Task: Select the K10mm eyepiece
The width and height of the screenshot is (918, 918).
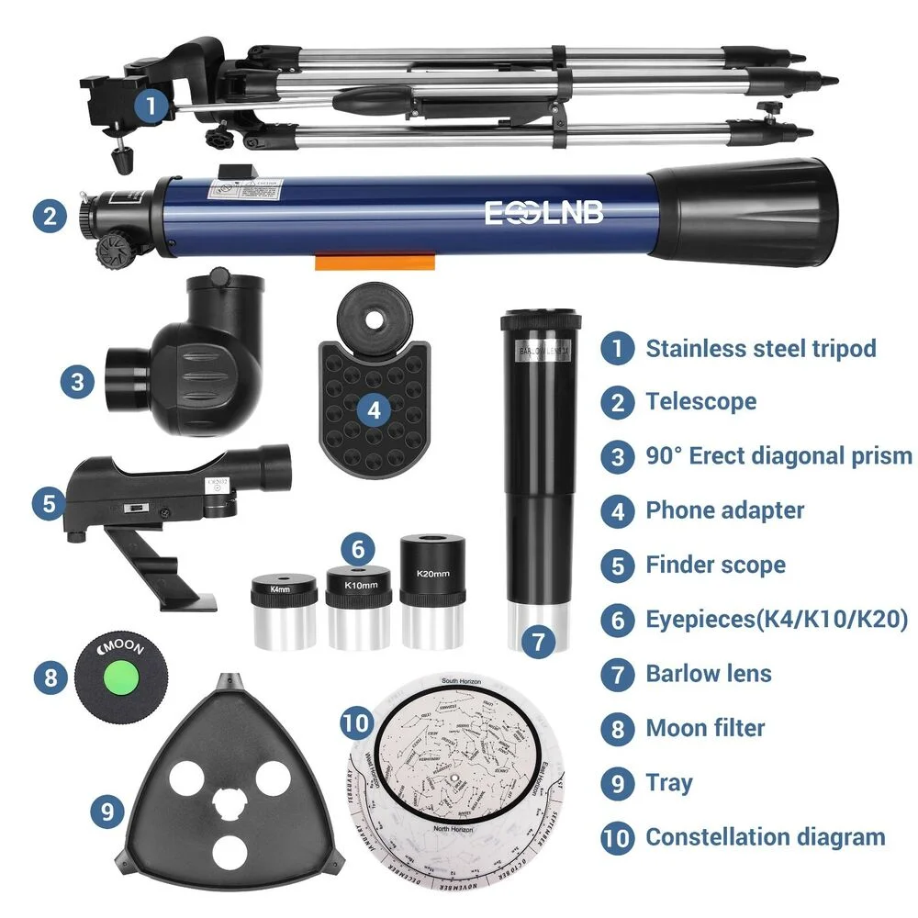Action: pyautogui.click(x=359, y=606)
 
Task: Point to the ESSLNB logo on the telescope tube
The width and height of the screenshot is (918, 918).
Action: pyautogui.click(x=544, y=212)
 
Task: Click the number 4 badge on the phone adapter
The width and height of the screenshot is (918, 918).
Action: pyautogui.click(x=373, y=409)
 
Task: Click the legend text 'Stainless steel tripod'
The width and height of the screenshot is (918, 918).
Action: pyautogui.click(x=760, y=349)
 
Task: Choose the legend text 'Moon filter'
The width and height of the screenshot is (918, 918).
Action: pyautogui.click(x=705, y=729)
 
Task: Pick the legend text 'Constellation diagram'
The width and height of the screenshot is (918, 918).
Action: pyautogui.click(x=765, y=837)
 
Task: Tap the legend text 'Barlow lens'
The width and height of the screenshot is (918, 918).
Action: pyautogui.click(x=708, y=674)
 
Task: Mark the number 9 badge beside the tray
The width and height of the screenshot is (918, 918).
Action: pyautogui.click(x=107, y=811)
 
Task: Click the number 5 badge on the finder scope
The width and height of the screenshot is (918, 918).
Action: pyautogui.click(x=49, y=502)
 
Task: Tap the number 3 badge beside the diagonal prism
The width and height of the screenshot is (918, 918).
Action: pyautogui.click(x=77, y=381)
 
